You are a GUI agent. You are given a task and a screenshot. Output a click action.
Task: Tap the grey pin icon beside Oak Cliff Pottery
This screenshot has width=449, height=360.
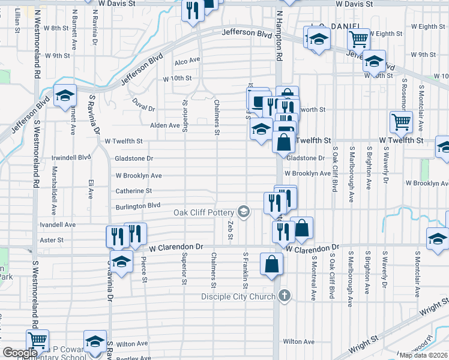tap(244, 211)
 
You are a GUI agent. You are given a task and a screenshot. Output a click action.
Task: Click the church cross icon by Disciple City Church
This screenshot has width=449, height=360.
tap(285, 296)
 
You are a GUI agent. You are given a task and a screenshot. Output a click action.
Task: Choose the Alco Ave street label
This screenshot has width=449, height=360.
tap(187, 61)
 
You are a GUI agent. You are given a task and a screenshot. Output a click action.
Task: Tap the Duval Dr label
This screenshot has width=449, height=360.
tap(143, 104)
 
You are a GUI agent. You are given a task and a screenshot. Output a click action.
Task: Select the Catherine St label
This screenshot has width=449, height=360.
tap(133, 191)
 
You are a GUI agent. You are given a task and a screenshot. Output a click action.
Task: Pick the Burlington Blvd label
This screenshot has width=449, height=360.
tap(138, 206)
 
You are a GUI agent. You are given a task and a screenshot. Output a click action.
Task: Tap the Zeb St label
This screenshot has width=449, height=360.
tap(230, 229)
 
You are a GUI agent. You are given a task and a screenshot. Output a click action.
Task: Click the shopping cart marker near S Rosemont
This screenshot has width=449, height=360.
tap(401, 122)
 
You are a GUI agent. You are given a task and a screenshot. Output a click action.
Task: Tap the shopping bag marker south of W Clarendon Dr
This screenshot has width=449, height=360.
tap(272, 264)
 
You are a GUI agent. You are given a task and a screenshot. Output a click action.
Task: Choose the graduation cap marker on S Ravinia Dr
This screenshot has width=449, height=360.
tap(121, 262)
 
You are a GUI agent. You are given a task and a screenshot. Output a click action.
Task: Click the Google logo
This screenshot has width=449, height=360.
tap(20, 353)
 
